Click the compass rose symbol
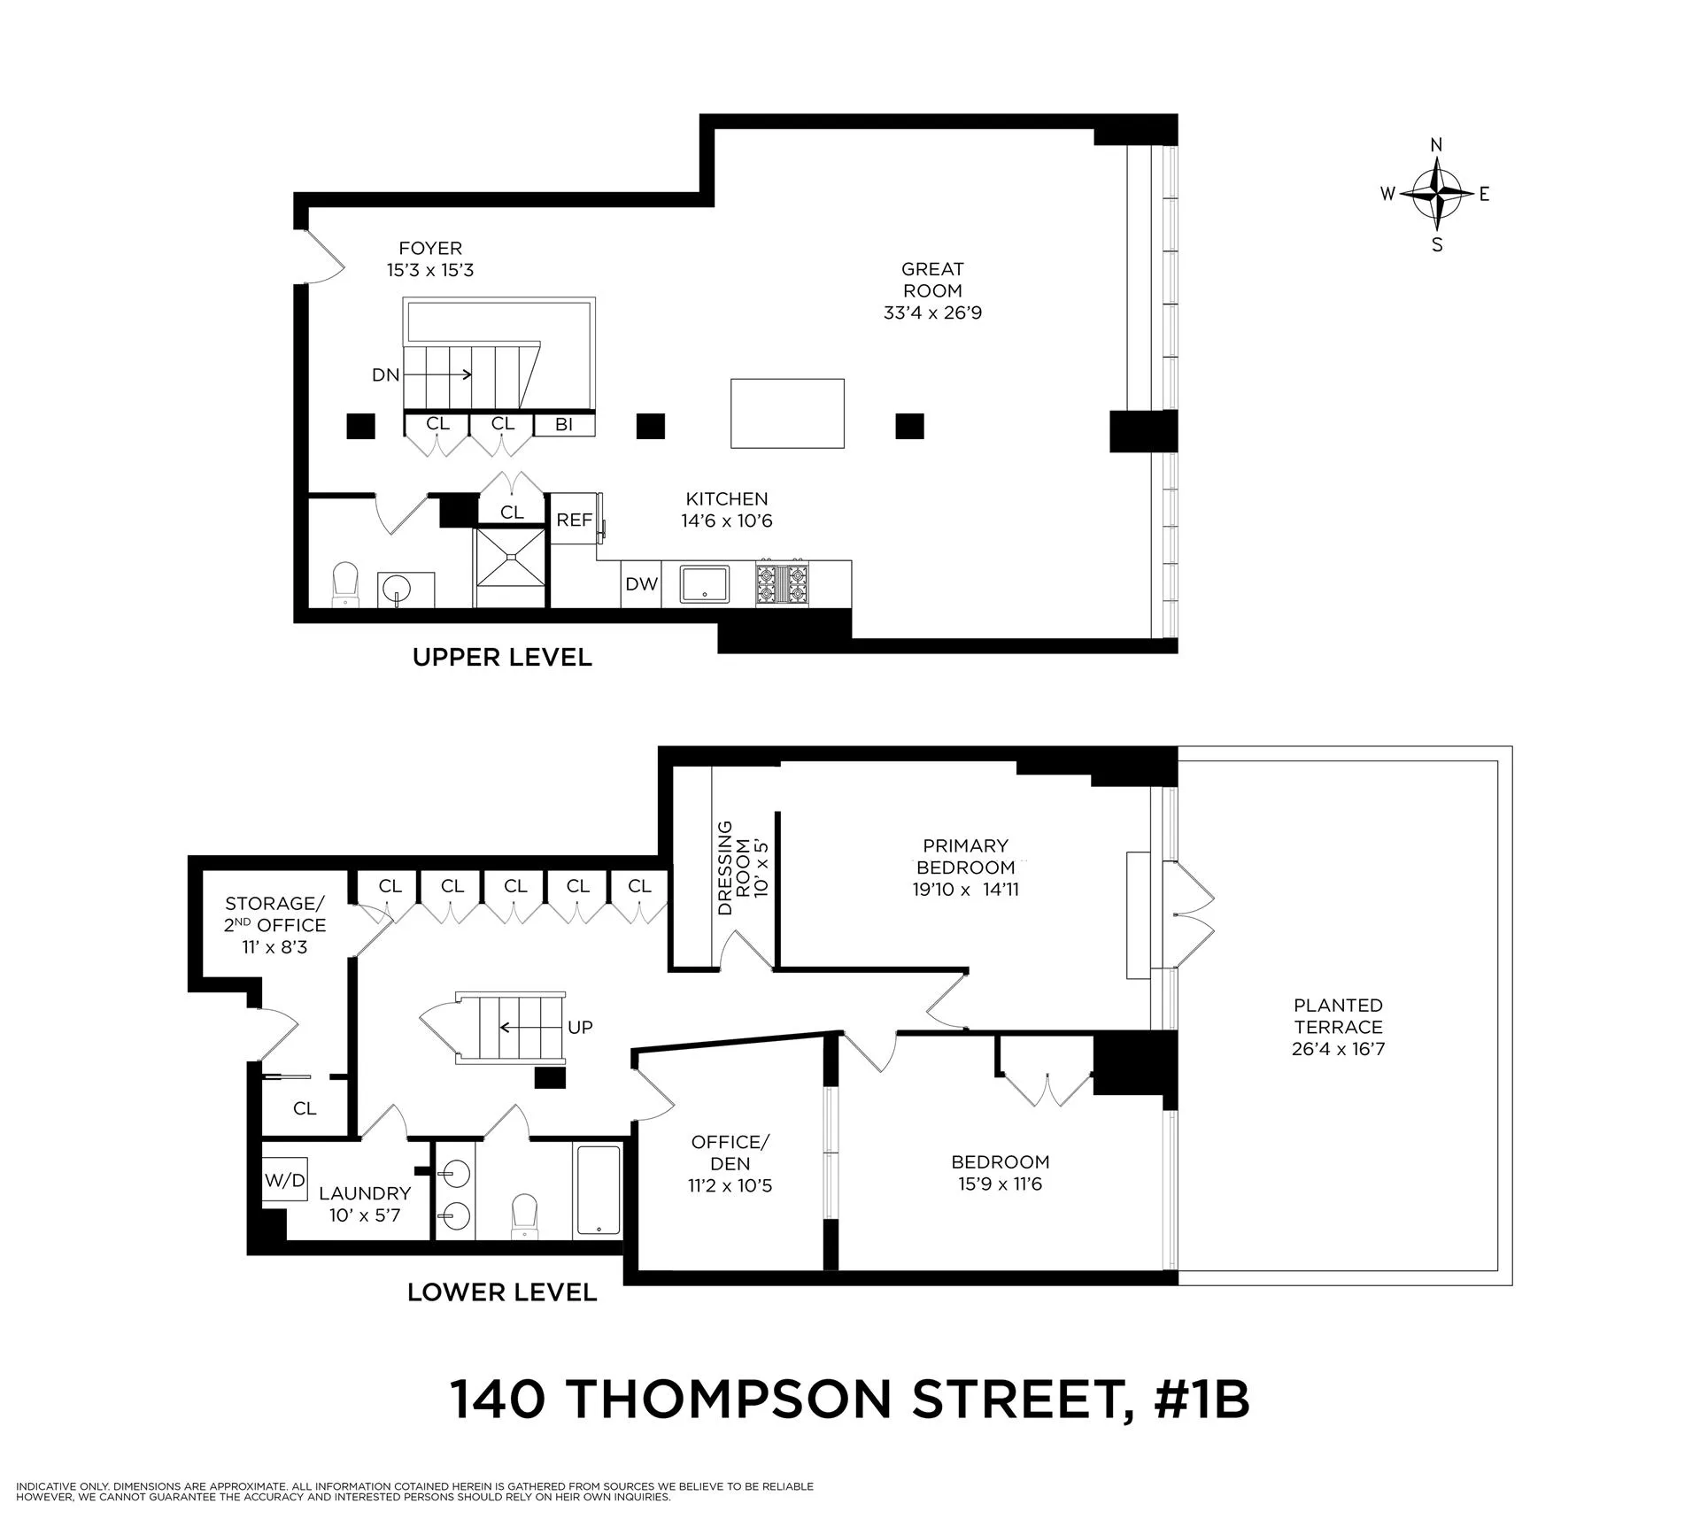[1436, 193]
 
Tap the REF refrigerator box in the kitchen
[574, 520]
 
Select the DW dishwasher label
[642, 584]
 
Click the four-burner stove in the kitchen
[781, 583]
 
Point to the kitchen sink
[704, 584]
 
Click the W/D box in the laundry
[285, 1180]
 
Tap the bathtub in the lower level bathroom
[599, 1189]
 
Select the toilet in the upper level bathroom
[345, 585]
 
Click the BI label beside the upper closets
[564, 425]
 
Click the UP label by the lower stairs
[580, 1028]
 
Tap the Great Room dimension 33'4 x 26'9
[932, 312]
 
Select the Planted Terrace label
[1338, 1027]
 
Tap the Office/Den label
[730, 1163]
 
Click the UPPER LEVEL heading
[502, 658]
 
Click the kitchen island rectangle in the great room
[787, 413]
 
